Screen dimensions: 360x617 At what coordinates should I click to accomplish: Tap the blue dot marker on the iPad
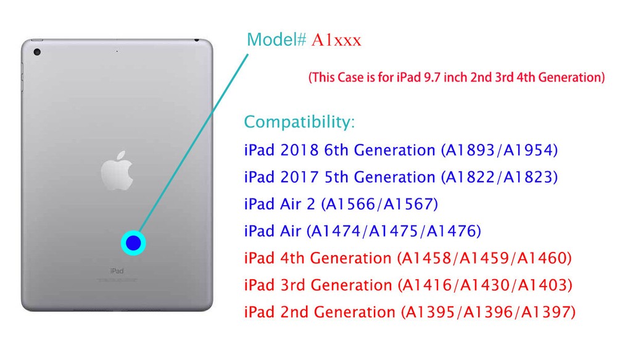(x=133, y=243)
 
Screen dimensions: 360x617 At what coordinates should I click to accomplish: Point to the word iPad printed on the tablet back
(x=117, y=271)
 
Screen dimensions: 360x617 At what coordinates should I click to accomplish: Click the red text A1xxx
(x=336, y=41)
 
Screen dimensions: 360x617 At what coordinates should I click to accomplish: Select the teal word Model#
(x=276, y=40)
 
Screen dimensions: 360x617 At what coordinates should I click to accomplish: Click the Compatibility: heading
(x=300, y=122)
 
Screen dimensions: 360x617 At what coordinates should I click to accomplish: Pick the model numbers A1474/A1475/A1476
(x=395, y=231)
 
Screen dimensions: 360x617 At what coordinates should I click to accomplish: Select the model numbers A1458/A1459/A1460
(x=486, y=257)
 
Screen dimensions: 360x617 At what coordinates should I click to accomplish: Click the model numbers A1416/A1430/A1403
(x=486, y=285)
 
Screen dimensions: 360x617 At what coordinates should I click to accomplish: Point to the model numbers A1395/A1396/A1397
(x=488, y=312)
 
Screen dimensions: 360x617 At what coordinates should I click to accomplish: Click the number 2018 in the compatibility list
(x=297, y=150)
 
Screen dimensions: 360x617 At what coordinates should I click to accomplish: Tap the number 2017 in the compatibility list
(x=297, y=177)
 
